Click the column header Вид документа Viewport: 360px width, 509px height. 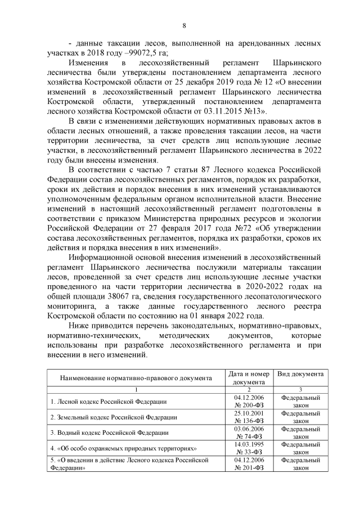pos(300,373)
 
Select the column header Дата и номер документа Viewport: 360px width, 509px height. pos(248,377)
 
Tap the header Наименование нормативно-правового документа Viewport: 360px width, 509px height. pos(135,377)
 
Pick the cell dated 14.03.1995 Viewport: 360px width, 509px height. pos(248,444)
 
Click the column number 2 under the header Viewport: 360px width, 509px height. pos(248,389)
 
